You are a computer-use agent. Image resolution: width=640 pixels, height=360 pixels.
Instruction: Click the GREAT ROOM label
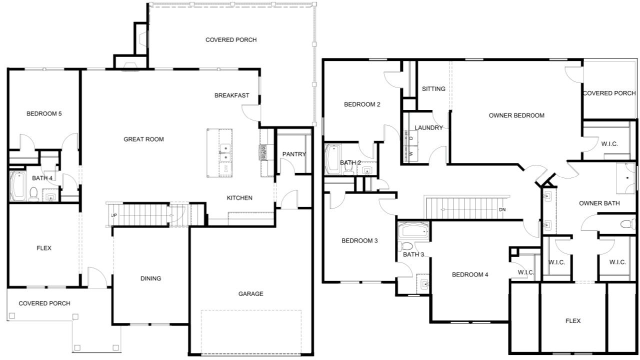click(x=143, y=139)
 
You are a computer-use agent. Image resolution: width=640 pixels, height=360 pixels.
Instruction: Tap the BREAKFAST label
click(x=231, y=95)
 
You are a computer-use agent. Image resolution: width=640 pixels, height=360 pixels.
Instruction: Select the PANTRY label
click(x=294, y=154)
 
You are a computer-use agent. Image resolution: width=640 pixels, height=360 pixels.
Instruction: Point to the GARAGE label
click(x=251, y=293)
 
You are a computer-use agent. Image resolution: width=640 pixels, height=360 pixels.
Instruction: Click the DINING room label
click(x=150, y=278)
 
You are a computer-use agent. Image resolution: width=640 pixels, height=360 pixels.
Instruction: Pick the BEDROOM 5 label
click(x=44, y=113)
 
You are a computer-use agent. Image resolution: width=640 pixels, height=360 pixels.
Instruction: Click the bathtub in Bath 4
click(x=18, y=186)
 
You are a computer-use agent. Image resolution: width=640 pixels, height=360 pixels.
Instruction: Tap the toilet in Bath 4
click(x=33, y=194)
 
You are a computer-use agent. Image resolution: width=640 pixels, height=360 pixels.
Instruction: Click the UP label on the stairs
click(x=114, y=215)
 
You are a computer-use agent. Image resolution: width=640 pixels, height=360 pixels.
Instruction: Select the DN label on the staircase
click(x=502, y=209)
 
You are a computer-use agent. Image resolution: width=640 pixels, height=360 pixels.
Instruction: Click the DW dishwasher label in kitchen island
click(x=226, y=168)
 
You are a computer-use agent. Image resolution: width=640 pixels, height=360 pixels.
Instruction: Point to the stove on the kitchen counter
click(x=263, y=153)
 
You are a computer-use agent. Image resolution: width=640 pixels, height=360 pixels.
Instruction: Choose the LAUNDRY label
click(x=428, y=127)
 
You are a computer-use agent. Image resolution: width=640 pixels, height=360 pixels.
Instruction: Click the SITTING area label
click(x=433, y=89)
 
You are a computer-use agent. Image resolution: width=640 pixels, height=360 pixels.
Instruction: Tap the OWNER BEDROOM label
click(x=516, y=115)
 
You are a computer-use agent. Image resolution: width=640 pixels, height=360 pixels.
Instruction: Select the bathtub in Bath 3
click(x=413, y=230)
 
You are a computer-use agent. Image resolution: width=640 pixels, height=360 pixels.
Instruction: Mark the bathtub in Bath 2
click(x=332, y=159)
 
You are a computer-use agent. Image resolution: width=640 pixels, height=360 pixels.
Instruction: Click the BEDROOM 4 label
click(x=470, y=275)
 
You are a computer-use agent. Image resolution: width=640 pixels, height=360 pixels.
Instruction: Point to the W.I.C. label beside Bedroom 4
click(x=526, y=272)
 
